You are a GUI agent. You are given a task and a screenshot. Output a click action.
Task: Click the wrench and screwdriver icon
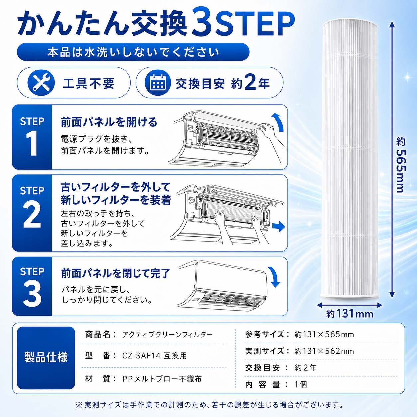(x=41, y=83)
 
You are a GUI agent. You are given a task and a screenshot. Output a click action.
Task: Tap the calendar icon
(x=158, y=83)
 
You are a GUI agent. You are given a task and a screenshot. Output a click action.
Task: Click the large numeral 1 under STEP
(x=32, y=144)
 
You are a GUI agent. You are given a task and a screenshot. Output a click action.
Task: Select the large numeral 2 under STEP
(x=32, y=215)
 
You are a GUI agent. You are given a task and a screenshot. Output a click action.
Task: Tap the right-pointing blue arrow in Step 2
(x=279, y=227)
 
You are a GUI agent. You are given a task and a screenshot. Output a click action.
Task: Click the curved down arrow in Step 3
(x=274, y=277)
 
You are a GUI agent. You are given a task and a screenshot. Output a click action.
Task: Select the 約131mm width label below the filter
(x=350, y=314)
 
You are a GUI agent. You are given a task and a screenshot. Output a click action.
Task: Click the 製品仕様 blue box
(x=46, y=358)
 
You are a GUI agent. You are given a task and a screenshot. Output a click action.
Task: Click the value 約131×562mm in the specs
(x=324, y=351)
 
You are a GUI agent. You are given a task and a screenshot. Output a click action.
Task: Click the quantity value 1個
(x=301, y=384)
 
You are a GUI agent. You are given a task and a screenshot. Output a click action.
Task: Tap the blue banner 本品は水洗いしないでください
(x=133, y=52)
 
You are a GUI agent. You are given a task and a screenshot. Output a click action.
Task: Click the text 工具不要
(x=88, y=83)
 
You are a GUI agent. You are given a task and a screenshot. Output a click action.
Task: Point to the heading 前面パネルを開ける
(x=109, y=122)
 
